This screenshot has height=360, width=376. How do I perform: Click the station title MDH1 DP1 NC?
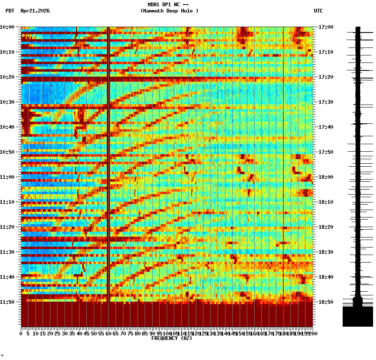point(165,5)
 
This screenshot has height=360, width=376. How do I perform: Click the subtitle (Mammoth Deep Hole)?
point(169,11)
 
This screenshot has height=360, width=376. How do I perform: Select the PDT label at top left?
point(10,11)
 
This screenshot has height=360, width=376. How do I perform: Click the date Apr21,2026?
point(35,11)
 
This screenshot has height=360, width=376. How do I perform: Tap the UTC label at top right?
point(318,11)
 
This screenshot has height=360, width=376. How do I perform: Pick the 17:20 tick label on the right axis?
point(326,77)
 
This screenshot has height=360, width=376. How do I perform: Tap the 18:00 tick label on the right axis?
point(326,177)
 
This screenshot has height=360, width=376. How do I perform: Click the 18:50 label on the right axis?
point(326,302)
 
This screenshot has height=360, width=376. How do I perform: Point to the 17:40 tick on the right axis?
point(326,127)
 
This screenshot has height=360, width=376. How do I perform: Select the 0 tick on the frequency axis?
point(21,334)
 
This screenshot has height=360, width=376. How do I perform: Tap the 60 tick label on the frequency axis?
point(109,334)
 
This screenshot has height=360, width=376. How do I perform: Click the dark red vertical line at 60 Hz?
point(108,167)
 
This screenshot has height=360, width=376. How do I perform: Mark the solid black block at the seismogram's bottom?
point(358,317)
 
